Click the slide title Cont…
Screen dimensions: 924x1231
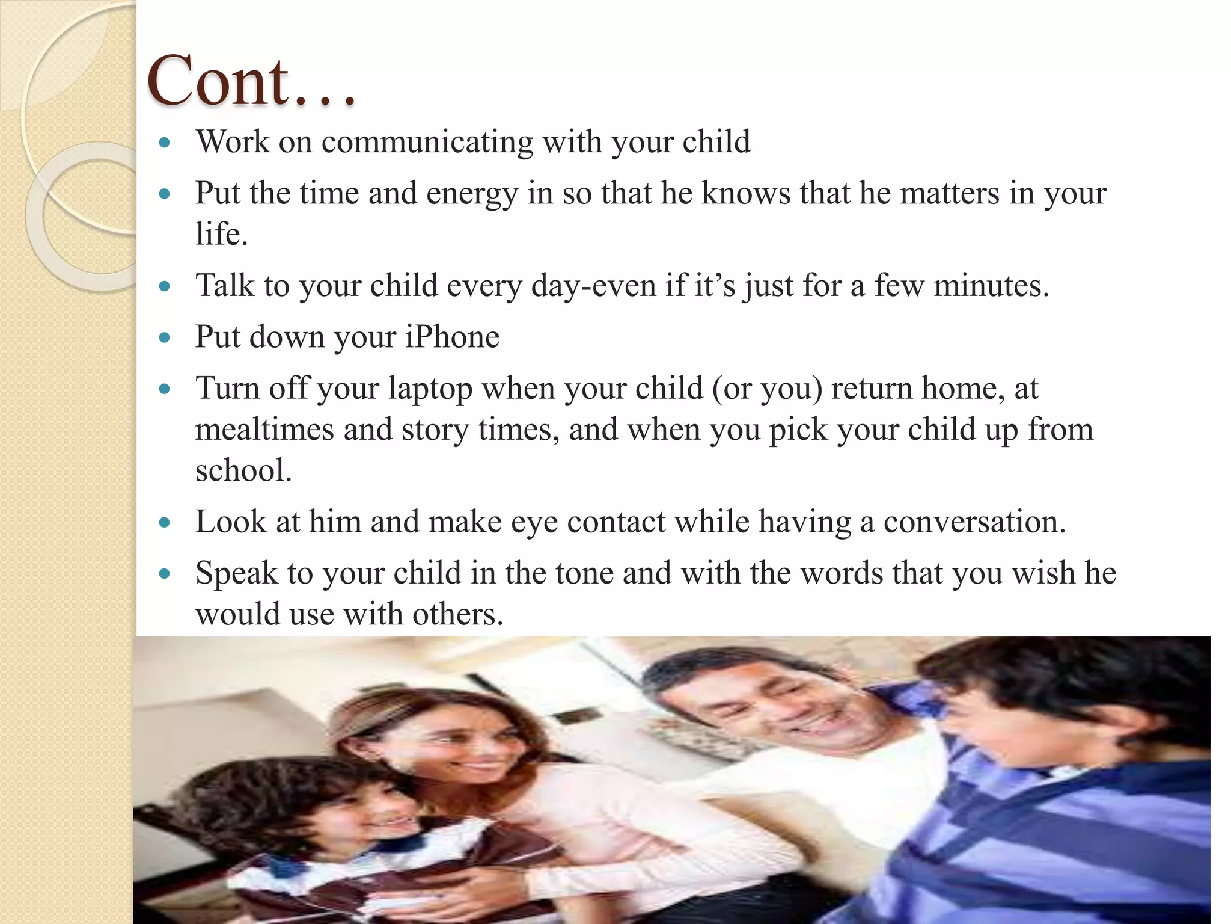[x=251, y=81]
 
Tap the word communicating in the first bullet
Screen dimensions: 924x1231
[x=427, y=143]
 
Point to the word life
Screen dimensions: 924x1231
[x=221, y=233]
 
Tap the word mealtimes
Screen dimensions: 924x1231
[x=264, y=430]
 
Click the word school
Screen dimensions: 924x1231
[x=243, y=470]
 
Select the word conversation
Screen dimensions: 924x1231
[x=974, y=522]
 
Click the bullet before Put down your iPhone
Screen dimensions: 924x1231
[x=165, y=337]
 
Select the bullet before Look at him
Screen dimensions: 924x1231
[x=165, y=522]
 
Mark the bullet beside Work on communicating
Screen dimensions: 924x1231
[x=165, y=143]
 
